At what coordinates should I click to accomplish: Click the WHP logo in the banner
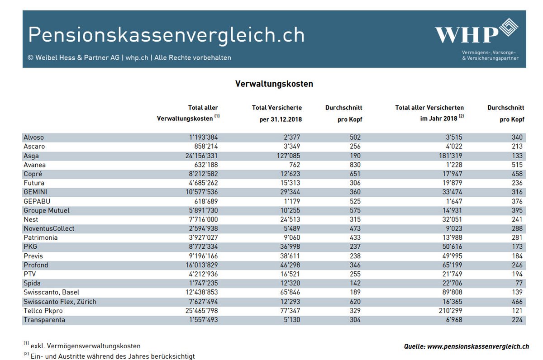click(x=476, y=31)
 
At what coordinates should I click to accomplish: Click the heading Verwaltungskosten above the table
click(x=274, y=84)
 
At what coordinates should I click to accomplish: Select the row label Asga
click(x=31, y=156)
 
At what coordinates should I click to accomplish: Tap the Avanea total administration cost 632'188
click(x=206, y=165)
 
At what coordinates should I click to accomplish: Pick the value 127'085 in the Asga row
click(x=289, y=156)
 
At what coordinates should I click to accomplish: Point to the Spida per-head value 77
click(x=519, y=283)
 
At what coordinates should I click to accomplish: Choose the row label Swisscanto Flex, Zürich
click(x=60, y=302)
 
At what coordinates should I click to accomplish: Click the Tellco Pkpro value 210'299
click(x=450, y=311)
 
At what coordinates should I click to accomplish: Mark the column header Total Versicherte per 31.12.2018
click(x=277, y=114)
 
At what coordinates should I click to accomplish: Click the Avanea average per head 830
click(x=355, y=165)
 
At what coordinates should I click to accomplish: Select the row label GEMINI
click(x=35, y=192)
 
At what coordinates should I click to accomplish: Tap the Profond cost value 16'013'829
click(x=202, y=265)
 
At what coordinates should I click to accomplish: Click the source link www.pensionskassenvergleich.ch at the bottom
click(x=478, y=346)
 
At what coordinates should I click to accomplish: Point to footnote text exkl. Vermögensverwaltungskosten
click(x=86, y=346)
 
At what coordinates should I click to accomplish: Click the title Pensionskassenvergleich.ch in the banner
click(x=167, y=35)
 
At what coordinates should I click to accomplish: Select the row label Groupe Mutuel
click(x=47, y=210)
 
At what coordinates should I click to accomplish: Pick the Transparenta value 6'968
click(x=454, y=320)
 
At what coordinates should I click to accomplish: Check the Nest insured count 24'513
click(x=290, y=219)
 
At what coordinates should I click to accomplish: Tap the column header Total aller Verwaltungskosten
click(x=188, y=113)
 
